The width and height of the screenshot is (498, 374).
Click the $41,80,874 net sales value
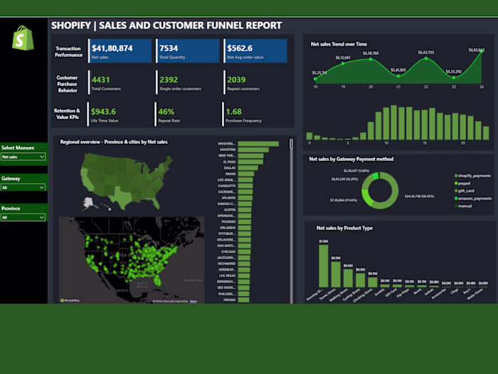tap(112, 48)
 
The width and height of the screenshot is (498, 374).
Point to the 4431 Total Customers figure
tap(101, 80)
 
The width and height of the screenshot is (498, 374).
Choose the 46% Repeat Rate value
tap(166, 112)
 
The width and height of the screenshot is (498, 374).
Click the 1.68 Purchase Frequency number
tap(233, 112)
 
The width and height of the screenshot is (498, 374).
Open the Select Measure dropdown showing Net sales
tap(23, 156)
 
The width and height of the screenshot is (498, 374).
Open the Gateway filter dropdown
tap(23, 187)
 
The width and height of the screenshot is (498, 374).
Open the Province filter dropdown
tap(23, 217)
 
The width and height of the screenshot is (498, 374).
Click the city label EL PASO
tap(229, 162)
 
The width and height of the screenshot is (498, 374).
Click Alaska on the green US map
tap(88, 203)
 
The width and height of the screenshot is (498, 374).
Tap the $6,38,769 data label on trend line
tap(370, 53)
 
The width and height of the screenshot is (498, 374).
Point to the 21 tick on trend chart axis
tap(398, 86)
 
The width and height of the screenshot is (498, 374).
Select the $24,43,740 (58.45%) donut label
tap(421, 195)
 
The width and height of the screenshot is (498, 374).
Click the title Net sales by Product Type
tap(344, 228)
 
